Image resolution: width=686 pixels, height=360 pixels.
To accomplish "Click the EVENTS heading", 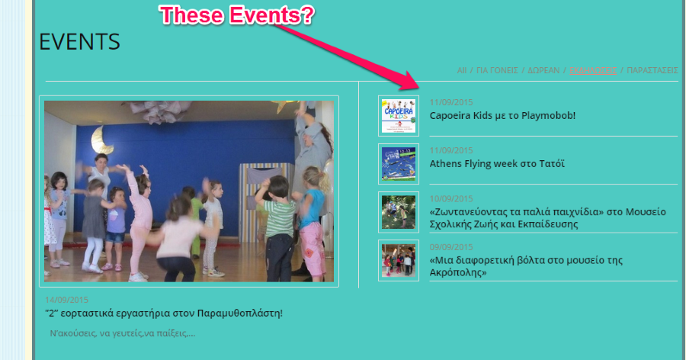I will [x=79, y=42].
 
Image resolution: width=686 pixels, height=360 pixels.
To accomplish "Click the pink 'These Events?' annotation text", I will [x=236, y=15].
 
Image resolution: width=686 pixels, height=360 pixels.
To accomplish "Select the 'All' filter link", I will [x=462, y=70].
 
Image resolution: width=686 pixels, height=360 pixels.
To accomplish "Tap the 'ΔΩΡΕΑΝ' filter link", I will [x=544, y=70].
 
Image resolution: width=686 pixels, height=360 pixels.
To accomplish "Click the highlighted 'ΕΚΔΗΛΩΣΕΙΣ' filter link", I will [x=593, y=70].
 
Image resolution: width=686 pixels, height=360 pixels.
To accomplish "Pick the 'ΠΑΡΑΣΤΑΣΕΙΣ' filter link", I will [x=652, y=70].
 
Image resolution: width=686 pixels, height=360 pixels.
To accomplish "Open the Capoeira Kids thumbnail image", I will [x=399, y=116].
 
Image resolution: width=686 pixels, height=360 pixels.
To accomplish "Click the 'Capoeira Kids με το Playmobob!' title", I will [x=502, y=116].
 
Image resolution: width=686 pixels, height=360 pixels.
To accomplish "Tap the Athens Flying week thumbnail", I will [x=399, y=163].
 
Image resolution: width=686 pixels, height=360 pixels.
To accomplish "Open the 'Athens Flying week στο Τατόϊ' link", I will [x=497, y=163].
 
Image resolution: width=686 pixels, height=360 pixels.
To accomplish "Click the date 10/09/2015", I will [x=451, y=199].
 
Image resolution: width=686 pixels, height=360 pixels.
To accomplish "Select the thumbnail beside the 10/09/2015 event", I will [x=399, y=211].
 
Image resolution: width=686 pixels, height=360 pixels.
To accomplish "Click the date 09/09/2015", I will [x=451, y=247].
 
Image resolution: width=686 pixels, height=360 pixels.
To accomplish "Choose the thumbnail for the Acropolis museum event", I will [x=399, y=260].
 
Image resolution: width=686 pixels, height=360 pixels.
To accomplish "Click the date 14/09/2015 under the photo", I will [x=67, y=300].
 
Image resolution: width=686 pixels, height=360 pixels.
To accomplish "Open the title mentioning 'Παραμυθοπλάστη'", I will [x=163, y=313].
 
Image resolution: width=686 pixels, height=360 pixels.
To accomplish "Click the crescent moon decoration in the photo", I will [x=98, y=139].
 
